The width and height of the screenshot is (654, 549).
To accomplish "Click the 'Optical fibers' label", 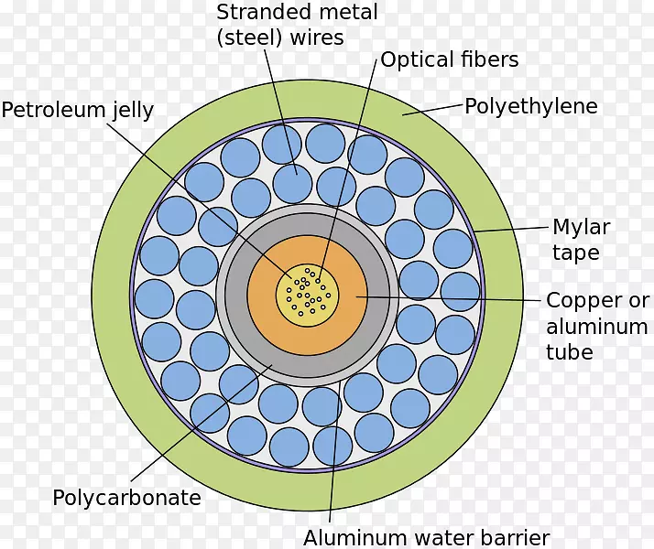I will (449, 60).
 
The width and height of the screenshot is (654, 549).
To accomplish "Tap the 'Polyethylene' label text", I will (530, 106).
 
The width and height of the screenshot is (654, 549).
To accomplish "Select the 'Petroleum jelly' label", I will (77, 111).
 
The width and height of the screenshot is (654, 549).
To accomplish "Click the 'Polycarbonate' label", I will (126, 498).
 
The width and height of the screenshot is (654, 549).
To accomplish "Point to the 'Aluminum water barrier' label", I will (426, 537).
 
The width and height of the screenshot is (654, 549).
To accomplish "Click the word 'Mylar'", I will (581, 227).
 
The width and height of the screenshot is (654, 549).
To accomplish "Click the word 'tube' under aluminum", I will (569, 352).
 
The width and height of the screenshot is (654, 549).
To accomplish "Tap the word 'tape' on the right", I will (576, 253).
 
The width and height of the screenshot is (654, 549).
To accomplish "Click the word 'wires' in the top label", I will (314, 38).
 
